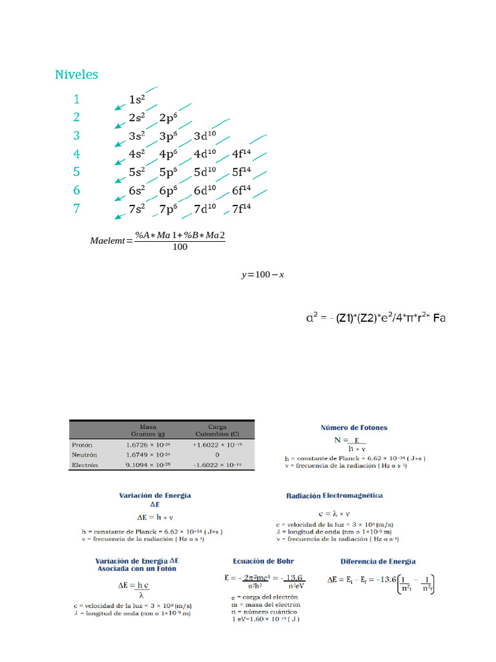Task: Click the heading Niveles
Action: [x=77, y=75]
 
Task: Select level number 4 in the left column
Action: [x=77, y=154]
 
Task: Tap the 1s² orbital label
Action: [x=136, y=100]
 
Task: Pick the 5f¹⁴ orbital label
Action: [x=241, y=173]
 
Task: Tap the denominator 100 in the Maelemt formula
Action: [x=180, y=248]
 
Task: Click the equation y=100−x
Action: [x=263, y=275]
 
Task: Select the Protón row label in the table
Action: [x=83, y=445]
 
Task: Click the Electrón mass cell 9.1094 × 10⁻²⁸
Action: [x=148, y=465]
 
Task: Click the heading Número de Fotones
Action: [x=354, y=428]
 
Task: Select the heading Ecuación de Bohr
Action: [x=263, y=561]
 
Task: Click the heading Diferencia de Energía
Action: [x=378, y=561]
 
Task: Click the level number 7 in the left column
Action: [x=77, y=209]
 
